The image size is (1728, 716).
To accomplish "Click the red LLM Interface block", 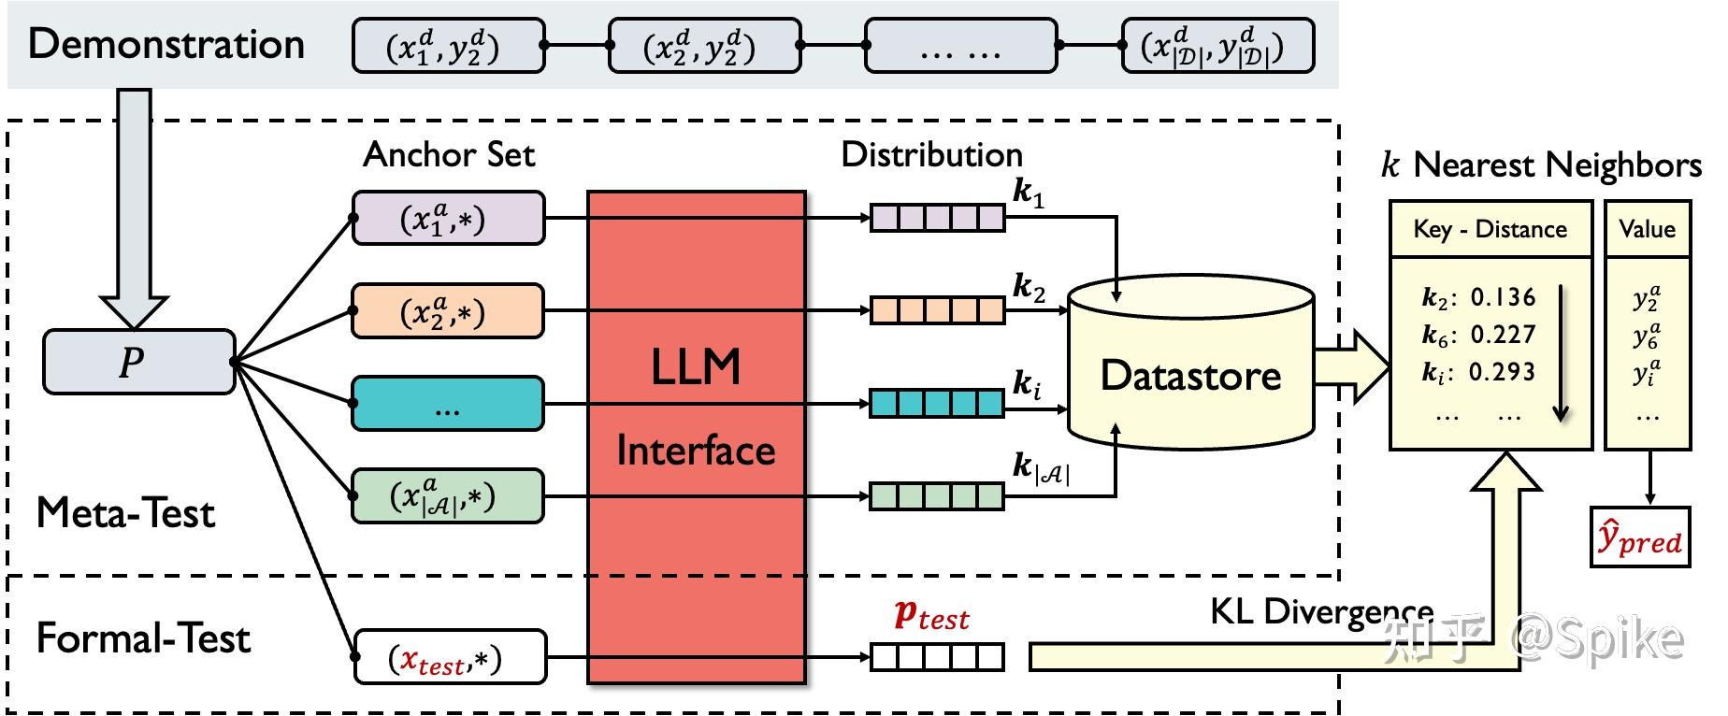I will coord(696,436).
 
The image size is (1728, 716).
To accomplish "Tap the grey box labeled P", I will coord(138,362).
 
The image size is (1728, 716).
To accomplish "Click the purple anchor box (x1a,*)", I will coord(448,219).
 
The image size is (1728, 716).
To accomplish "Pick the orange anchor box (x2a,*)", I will coord(448,311).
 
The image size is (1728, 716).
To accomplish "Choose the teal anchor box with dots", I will coord(448,404).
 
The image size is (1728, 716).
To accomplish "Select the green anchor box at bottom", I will coord(448,495).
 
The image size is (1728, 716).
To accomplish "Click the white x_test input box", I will coord(450,656).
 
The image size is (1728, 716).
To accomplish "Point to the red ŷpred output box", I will coord(1640,537).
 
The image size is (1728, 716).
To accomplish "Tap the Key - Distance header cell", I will coord(1490,229).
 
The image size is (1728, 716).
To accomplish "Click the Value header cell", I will coord(1647,229).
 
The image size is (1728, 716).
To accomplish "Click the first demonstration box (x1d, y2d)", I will coord(448,46).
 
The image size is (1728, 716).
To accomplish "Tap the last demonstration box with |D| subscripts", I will coord(1217,46).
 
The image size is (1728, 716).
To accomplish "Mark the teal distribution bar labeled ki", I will coord(937,404).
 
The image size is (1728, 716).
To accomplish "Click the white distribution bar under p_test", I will coord(937,657).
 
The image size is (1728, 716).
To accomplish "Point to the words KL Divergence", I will coord(1320,611).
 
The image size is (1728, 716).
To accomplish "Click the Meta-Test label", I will coord(125,513).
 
